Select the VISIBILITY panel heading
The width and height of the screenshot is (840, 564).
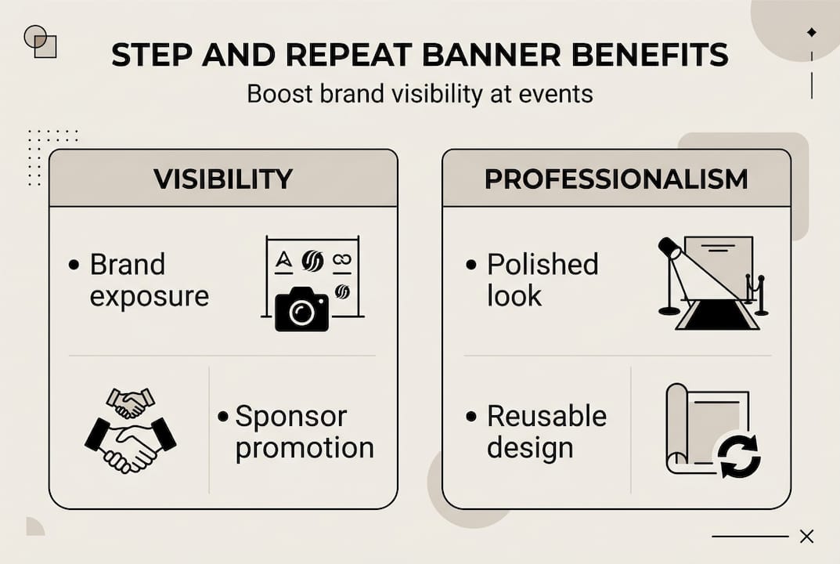pyautogui.click(x=223, y=179)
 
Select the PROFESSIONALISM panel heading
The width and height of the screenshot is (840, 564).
pyautogui.click(x=616, y=179)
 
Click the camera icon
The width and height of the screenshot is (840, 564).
pyautogui.click(x=301, y=310)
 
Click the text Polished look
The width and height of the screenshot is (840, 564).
pyautogui.click(x=542, y=280)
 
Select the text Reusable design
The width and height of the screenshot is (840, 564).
pyautogui.click(x=546, y=432)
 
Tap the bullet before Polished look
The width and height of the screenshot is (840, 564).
pyautogui.click(x=470, y=266)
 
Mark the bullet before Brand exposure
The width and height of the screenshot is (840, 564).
pyautogui.click(x=74, y=266)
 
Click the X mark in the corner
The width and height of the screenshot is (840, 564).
pyautogui.click(x=806, y=537)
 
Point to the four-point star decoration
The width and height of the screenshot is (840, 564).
pyautogui.click(x=811, y=32)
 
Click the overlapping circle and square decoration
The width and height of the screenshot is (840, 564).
pyautogui.click(x=41, y=42)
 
